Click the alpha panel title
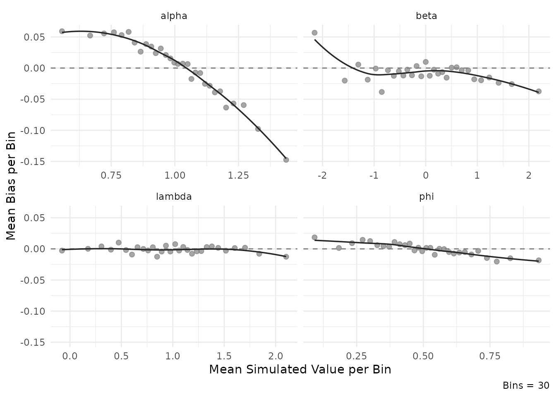click(x=174, y=16)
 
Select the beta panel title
click(x=426, y=16)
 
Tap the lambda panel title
click(x=174, y=197)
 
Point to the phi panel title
click(x=426, y=197)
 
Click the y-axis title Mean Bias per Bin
click(x=11, y=186)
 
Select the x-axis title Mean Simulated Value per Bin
click(x=300, y=369)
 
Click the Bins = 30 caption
click(x=526, y=386)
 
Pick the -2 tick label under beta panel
click(x=322, y=175)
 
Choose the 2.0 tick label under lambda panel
click(x=275, y=356)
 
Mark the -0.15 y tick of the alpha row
click(x=34, y=162)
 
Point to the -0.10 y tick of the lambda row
click(x=34, y=311)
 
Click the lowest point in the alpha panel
click(x=286, y=160)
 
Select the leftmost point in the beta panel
click(x=314, y=33)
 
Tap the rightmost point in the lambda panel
click(x=286, y=257)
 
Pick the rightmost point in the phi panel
click(x=539, y=260)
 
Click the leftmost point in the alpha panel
click(x=62, y=31)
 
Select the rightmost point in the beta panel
click(x=539, y=91)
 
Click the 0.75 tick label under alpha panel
click(x=111, y=175)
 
